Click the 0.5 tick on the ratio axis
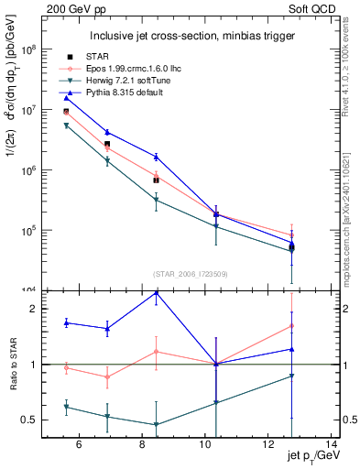pyautogui.click(x=30, y=420)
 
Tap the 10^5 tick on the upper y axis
pyautogui.click(x=28, y=230)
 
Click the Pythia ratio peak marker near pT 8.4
pyautogui.click(x=156, y=293)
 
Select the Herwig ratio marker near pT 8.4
pyautogui.click(x=156, y=425)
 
